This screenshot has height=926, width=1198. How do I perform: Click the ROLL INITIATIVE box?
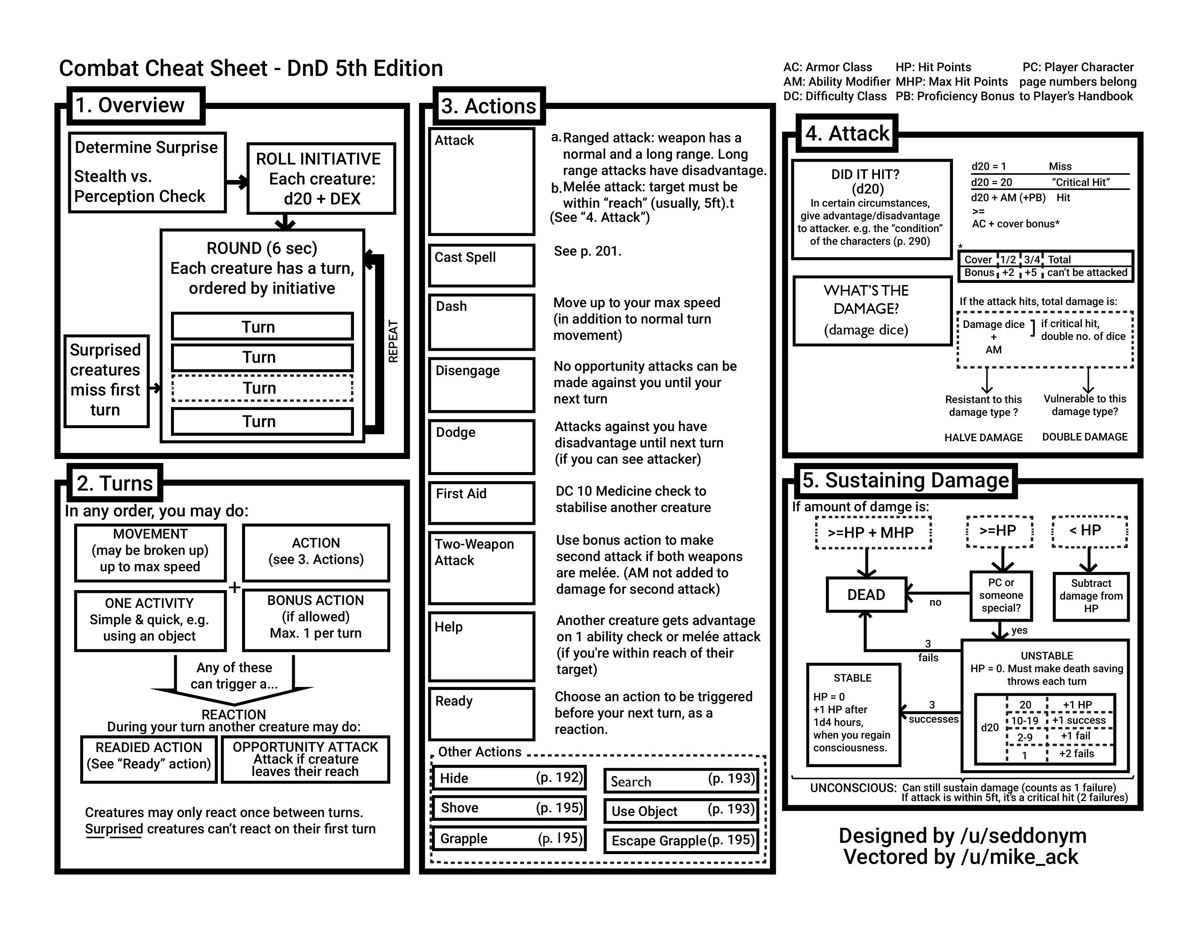point(321,178)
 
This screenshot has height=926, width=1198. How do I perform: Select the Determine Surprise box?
point(147,172)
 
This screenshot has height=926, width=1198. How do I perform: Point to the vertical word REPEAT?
point(393,341)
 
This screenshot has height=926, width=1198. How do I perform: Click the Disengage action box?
point(481,384)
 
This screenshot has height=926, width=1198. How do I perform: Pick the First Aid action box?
point(481,502)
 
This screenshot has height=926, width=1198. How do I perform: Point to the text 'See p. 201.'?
point(587,251)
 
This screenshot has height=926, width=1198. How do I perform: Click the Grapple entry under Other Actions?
point(509,838)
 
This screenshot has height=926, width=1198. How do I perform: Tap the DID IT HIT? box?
point(871,209)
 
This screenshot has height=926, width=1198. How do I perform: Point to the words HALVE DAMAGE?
point(983,437)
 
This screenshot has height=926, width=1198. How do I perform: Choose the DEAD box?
point(866,595)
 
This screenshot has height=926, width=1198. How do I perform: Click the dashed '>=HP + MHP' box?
point(873,532)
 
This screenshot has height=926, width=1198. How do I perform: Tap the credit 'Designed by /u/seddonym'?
point(962,836)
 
